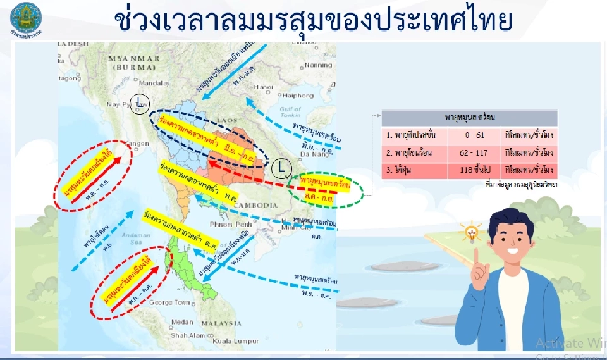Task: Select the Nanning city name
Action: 317,65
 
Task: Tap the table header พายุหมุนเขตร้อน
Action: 470,118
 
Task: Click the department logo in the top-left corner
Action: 25,18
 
